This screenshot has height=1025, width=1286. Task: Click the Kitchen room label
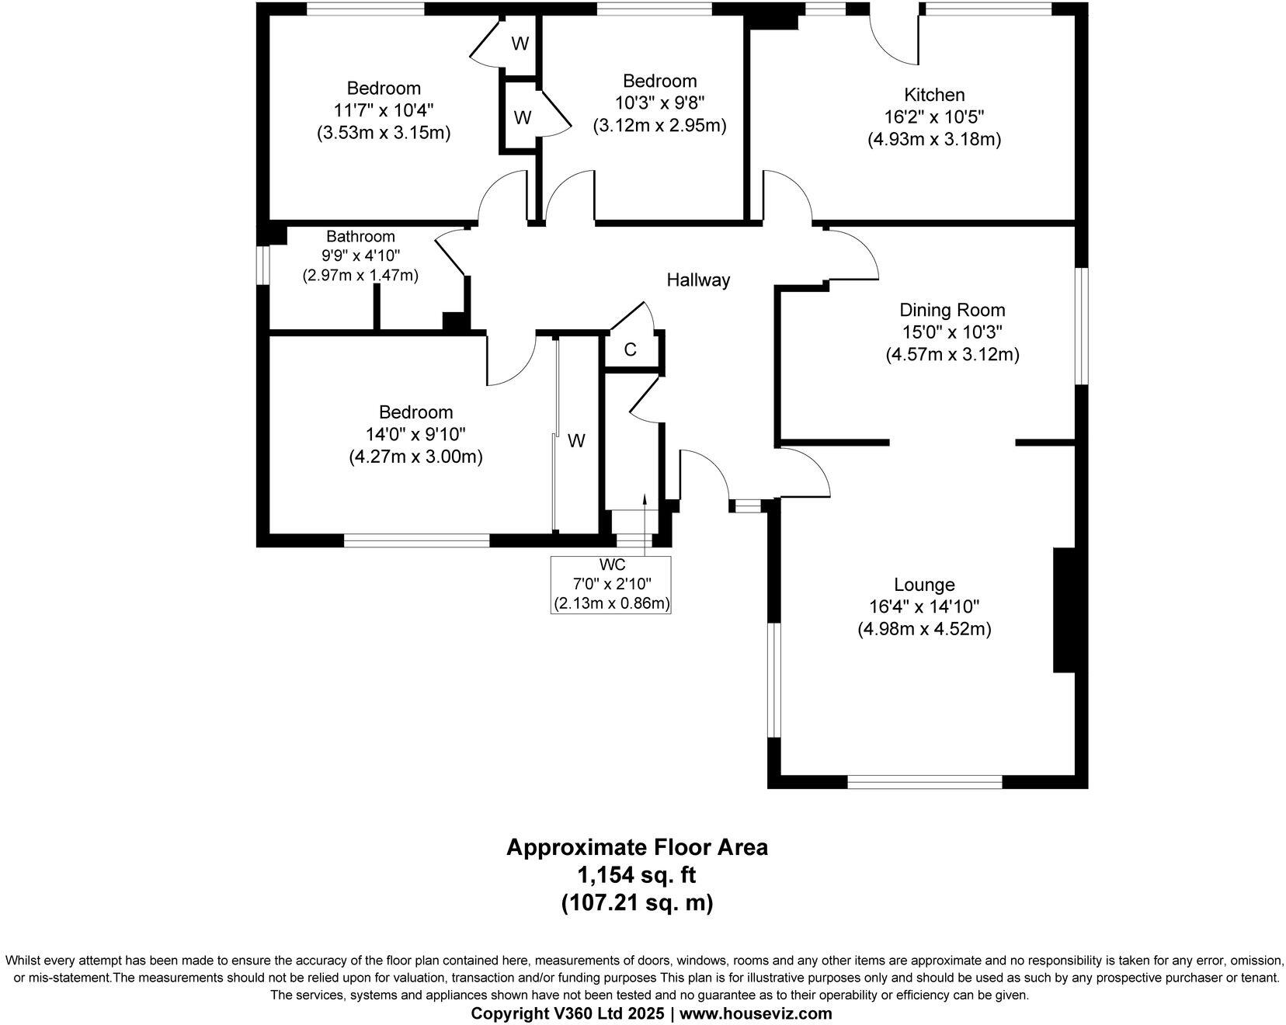934,95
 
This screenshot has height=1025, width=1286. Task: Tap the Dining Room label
952,311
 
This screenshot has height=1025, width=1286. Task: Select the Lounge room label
924,585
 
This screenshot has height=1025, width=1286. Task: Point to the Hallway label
698,280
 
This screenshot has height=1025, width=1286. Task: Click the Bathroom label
360,236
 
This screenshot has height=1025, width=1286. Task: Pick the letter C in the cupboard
631,350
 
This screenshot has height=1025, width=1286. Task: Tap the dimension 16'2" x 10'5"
934,117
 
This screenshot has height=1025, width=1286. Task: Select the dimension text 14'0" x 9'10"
415,434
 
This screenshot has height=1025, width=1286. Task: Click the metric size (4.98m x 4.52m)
924,629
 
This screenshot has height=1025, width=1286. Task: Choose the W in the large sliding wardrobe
575,441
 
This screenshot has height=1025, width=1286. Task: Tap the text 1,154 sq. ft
637,875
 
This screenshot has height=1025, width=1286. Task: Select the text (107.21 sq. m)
637,903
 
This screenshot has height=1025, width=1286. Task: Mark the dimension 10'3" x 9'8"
660,103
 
